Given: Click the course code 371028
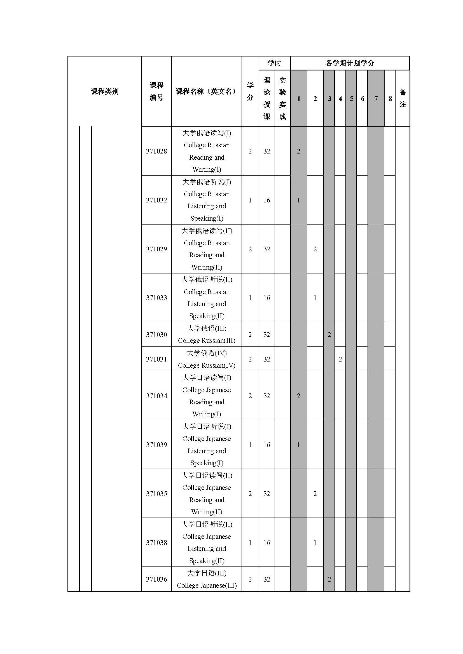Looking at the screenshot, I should click(156, 151).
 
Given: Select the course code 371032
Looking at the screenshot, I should click(156, 200).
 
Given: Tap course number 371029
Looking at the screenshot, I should click(156, 249).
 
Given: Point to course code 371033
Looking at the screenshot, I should click(156, 298).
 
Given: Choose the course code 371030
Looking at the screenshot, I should click(156, 335).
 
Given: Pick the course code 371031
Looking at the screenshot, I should click(156, 360).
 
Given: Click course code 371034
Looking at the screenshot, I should click(156, 396).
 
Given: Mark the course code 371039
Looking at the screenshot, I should click(156, 445).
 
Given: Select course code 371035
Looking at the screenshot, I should click(156, 494).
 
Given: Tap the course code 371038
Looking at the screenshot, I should click(156, 543).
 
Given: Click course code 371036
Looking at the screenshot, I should click(156, 579).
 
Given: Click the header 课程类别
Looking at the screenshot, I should click(105, 91).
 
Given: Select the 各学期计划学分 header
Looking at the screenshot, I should click(350, 63).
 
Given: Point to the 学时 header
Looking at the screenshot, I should click(274, 63).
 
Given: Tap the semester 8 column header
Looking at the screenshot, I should click(390, 99).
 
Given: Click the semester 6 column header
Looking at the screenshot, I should click(362, 99).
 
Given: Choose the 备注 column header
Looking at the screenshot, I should click(403, 98).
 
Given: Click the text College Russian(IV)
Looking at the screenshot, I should click(207, 365).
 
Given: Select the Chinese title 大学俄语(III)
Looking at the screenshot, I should click(207, 329).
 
